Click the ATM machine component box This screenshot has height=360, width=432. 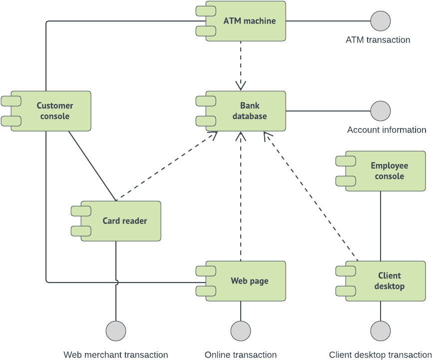click(x=249, y=21)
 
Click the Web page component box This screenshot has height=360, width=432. click(x=249, y=281)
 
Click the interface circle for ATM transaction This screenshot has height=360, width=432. click(x=381, y=21)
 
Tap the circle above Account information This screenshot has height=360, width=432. click(x=381, y=111)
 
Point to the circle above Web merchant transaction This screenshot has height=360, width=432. click(x=116, y=331)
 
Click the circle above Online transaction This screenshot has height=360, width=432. click(x=241, y=331)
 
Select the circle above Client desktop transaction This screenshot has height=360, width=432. click(x=381, y=331)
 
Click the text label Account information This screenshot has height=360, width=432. click(x=387, y=130)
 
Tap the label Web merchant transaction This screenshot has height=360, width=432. click(x=115, y=354)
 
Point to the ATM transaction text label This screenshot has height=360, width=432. click(x=378, y=40)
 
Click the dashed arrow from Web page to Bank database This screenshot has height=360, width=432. click(x=241, y=200)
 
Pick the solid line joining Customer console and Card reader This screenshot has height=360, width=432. click(x=92, y=166)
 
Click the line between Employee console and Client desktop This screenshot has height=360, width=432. click(x=381, y=225)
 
